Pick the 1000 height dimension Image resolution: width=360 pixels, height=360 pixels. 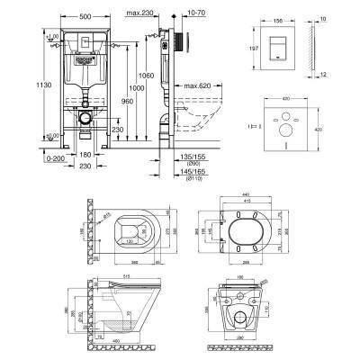pos(138,91)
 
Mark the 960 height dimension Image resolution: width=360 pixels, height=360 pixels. pos(128,103)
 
